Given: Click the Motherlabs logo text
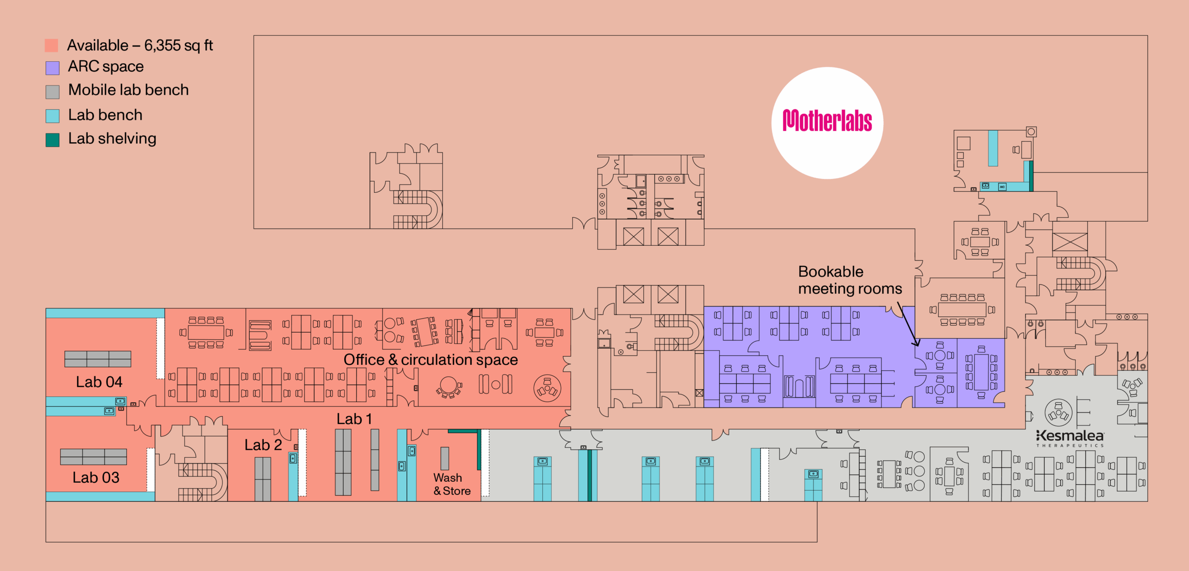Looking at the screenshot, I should click(x=827, y=121).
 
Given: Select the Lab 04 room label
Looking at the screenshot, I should click(x=99, y=382).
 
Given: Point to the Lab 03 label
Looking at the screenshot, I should click(x=96, y=477).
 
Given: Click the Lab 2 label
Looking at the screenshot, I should click(x=263, y=445).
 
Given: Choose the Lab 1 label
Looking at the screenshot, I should click(x=354, y=419).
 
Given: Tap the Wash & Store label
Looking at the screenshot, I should click(x=451, y=484).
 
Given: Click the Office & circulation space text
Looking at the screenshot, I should click(x=431, y=360).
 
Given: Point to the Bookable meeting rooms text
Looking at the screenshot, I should click(x=849, y=280).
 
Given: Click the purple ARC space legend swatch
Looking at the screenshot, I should click(x=52, y=68).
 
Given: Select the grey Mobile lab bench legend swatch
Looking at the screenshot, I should click(x=52, y=92).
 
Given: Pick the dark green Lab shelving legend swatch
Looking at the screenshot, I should click(x=52, y=139).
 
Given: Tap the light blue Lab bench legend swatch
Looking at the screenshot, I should click(x=52, y=116).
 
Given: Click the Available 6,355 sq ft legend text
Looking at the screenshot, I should click(x=140, y=46).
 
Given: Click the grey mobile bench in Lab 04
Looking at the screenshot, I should click(x=98, y=359).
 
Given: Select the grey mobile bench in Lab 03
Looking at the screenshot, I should click(x=93, y=457).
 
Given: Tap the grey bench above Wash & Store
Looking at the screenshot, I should click(x=444, y=458).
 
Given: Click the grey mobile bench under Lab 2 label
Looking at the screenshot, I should click(x=263, y=479).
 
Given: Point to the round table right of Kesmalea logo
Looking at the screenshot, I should click(x=1058, y=413).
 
